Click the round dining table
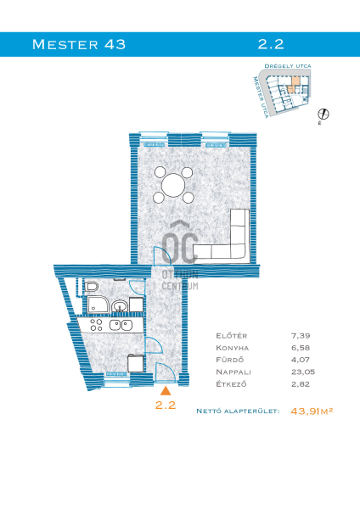173,185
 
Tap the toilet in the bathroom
92,287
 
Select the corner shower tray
98,305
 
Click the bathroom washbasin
120,306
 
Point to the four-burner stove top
96,325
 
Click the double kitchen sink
121,325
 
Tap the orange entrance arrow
166,390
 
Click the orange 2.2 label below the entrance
166,405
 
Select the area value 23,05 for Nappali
303,372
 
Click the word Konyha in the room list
233,348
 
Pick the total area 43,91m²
312,411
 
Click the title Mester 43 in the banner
79,44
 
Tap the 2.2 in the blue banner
271,44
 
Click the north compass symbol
323,114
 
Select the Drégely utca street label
288,66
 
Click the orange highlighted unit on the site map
294,85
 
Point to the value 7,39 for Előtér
301,335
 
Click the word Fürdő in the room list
230,360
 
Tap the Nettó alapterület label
238,411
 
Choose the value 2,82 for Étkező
301,384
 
